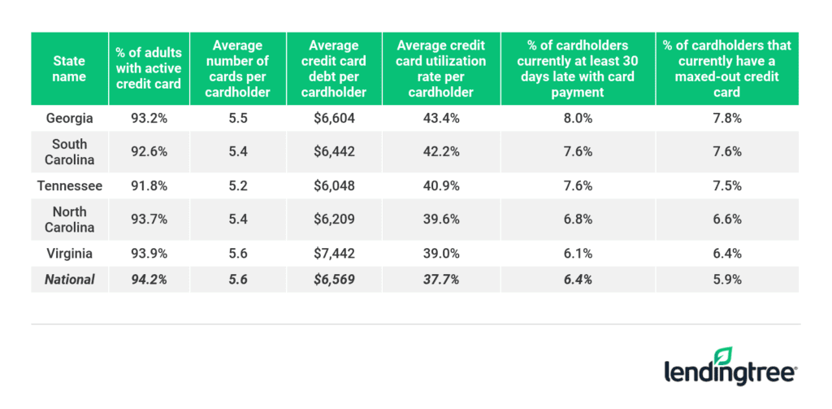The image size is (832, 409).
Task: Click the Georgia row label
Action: (x=69, y=118)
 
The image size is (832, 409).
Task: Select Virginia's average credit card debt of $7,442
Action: (x=335, y=253)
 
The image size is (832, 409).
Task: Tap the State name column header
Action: (x=69, y=68)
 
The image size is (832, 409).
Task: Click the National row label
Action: (x=69, y=279)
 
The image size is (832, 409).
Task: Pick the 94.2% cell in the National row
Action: (x=149, y=279)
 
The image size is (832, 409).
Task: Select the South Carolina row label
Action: (x=69, y=151)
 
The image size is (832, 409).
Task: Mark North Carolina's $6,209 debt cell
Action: (x=335, y=219)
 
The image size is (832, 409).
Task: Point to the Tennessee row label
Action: (x=69, y=185)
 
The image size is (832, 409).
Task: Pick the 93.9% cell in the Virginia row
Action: (x=149, y=253)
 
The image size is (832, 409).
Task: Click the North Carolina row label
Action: (x=69, y=219)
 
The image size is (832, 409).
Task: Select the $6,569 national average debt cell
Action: (x=335, y=279)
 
